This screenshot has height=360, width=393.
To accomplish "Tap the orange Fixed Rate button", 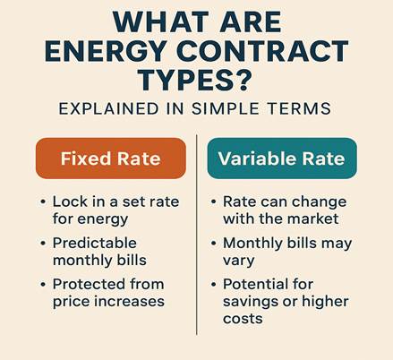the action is click(x=111, y=159).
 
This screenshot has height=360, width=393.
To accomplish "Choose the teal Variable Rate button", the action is click(x=282, y=159).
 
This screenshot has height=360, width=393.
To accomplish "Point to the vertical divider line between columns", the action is click(x=197, y=235).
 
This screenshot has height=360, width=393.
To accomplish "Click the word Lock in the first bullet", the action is click(x=70, y=201).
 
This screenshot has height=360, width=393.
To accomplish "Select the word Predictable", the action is click(x=95, y=243).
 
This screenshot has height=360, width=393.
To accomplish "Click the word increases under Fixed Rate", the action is click(x=129, y=302).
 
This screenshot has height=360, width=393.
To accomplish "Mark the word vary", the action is click(x=238, y=261).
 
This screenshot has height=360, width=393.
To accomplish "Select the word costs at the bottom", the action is click(x=243, y=319).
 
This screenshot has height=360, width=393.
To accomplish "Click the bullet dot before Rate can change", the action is click(x=213, y=201).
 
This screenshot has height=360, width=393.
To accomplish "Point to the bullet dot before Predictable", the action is click(x=43, y=243).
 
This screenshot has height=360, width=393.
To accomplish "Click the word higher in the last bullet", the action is click(x=325, y=302).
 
